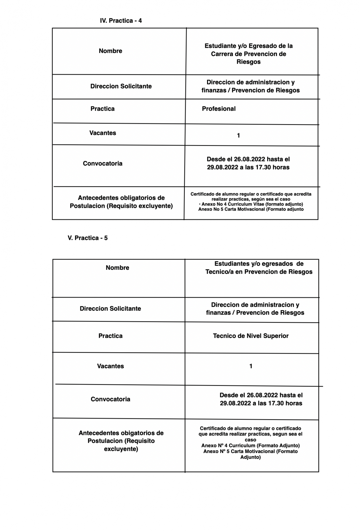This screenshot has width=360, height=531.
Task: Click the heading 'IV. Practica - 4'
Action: [121, 21]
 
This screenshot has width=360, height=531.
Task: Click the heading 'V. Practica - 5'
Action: [88, 238]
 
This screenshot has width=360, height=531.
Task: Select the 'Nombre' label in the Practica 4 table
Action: [110, 51]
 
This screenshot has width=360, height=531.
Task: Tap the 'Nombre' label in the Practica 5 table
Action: [117, 268]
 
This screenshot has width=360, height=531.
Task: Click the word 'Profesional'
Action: [219, 109]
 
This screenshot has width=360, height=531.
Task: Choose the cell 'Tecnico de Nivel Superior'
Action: [250, 336]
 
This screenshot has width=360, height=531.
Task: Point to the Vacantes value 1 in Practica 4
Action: [238, 136]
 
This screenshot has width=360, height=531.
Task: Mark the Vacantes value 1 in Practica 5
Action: [251, 366]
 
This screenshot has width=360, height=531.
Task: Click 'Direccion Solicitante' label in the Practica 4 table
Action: [121, 86]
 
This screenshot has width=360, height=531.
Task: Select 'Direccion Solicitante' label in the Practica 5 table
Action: [110, 309]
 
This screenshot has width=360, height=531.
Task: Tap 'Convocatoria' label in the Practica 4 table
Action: [103, 163]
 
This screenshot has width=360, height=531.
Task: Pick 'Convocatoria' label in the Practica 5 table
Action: [110, 399]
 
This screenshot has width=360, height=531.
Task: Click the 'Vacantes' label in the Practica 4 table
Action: [103, 133]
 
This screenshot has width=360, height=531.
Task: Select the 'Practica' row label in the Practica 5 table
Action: [110, 336]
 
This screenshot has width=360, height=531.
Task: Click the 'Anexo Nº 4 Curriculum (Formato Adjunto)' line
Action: [250, 446]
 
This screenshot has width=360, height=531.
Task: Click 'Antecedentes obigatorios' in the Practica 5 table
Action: [121, 433]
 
